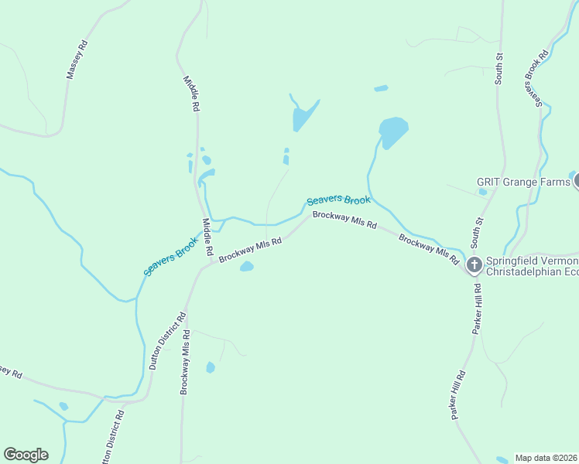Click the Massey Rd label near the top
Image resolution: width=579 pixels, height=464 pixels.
coord(78,60)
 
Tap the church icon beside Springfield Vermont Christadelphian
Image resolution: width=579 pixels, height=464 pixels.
coord(474,265)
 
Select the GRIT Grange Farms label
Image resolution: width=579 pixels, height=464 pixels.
coord(523,183)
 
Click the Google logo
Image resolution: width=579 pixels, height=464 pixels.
coord(26,455)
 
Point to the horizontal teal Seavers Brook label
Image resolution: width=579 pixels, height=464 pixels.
coord(338,200)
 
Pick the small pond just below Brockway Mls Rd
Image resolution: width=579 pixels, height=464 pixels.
coord(246,267)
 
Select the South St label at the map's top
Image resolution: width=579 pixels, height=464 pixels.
coord(499,68)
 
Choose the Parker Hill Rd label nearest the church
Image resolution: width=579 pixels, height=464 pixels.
coord(477,309)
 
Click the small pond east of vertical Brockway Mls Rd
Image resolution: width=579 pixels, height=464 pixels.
coord(210,367)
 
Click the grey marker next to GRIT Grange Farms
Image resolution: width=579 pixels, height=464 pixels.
coord(577,182)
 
